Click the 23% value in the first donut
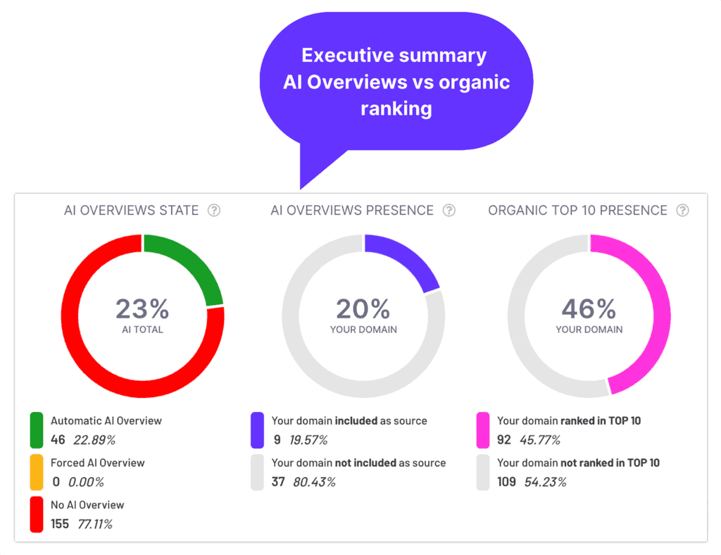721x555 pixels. [142, 308]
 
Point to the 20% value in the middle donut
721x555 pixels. [363, 308]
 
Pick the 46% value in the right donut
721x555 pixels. [589, 308]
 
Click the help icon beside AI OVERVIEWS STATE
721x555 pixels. [214, 211]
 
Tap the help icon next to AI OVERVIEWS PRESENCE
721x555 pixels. [449, 211]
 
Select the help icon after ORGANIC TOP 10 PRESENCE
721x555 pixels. [682, 211]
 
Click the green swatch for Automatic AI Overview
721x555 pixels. [37, 430]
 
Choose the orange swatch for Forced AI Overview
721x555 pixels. [37, 473]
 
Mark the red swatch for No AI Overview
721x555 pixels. [37, 515]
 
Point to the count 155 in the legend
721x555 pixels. [60, 524]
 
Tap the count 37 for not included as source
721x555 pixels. [278, 482]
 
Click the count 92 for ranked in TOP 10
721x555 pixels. [504, 440]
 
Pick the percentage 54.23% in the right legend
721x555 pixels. [545, 482]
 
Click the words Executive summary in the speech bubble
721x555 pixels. [394, 55]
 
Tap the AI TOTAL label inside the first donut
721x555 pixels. [142, 329]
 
